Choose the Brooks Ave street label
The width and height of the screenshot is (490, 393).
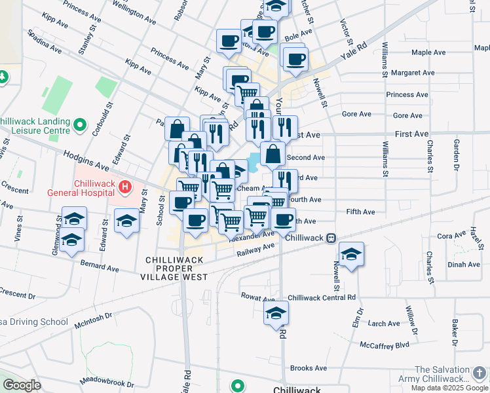click(x=308, y=368)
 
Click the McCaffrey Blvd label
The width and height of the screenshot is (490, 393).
click(x=384, y=345)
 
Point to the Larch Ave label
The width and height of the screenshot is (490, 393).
click(x=384, y=324)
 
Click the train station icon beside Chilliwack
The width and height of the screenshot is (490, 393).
click(x=332, y=238)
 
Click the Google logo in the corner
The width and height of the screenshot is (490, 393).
click(x=22, y=385)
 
